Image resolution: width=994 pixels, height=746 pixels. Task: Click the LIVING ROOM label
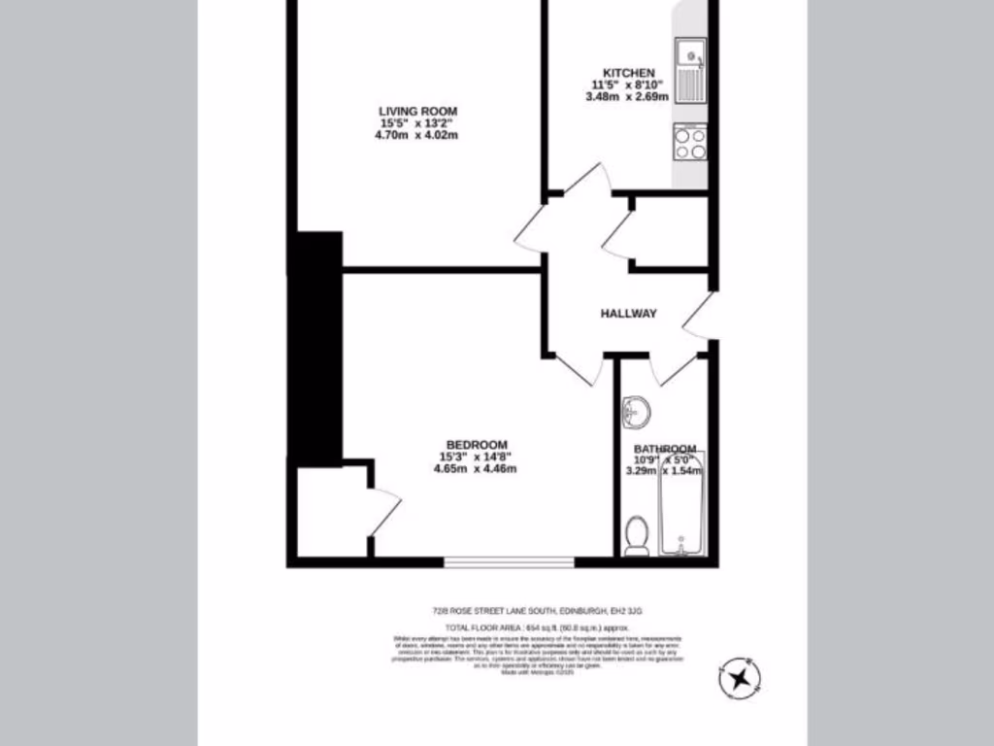[x=417, y=111]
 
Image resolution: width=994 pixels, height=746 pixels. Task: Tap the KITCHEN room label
[x=629, y=73]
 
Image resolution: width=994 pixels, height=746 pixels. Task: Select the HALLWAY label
[x=628, y=314]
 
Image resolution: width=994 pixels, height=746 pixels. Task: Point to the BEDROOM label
[x=475, y=445]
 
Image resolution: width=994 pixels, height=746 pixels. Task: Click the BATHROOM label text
[x=665, y=449]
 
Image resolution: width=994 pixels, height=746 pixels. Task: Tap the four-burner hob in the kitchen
[x=690, y=144]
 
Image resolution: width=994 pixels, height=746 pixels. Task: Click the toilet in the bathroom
[x=637, y=535]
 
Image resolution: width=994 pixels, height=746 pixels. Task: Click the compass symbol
[x=741, y=677]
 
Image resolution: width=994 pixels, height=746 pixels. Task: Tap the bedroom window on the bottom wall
[x=510, y=561]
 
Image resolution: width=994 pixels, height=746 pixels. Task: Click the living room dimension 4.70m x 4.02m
[x=417, y=135]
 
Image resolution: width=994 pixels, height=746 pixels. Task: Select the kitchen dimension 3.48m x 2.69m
[x=629, y=96]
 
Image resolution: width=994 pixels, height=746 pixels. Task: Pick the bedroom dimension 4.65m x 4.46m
[x=475, y=469]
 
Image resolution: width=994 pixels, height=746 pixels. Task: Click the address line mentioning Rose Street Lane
[x=537, y=611]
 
